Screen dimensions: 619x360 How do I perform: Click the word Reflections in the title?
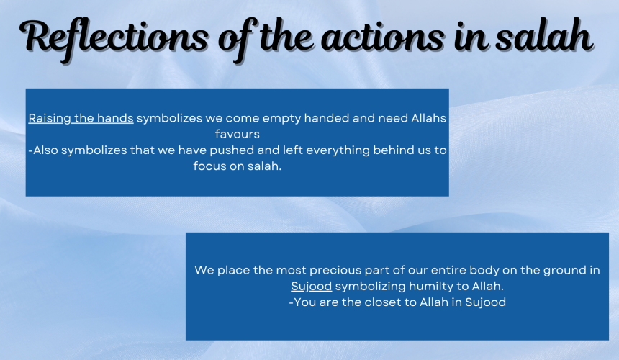(x=114, y=38)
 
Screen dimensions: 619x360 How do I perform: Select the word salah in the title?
(x=544, y=35)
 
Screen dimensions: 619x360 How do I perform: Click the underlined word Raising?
(x=50, y=118)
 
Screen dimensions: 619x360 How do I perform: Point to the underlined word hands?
(x=115, y=118)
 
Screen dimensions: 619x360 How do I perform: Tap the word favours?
(x=238, y=134)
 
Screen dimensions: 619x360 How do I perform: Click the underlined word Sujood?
(x=312, y=286)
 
